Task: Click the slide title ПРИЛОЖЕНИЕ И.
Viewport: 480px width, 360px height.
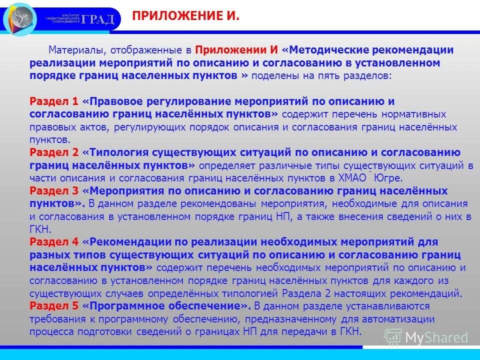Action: [185, 17]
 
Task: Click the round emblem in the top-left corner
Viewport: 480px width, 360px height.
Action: [20, 19]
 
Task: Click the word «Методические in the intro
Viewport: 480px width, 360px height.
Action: [324, 50]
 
